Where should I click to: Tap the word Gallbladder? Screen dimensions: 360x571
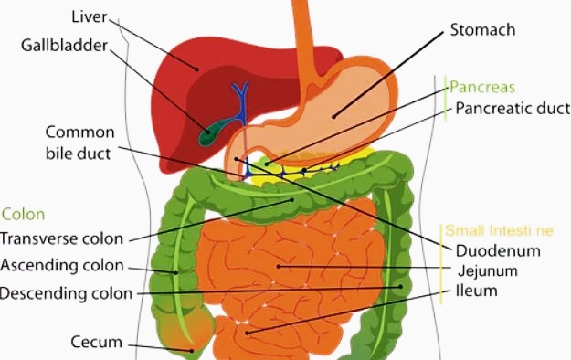[x=65, y=45]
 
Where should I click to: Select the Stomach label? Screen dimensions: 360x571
[x=482, y=30]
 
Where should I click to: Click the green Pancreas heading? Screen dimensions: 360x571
[x=482, y=88]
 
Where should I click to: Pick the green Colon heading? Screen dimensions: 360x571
[x=23, y=215]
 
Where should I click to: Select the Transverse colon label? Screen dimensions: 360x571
[x=61, y=239]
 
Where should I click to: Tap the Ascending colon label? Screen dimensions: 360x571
[x=62, y=266]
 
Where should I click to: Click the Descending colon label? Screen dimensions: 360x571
[x=66, y=293]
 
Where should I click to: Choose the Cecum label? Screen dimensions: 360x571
[x=96, y=343]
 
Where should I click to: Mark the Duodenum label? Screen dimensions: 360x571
[x=498, y=250]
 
